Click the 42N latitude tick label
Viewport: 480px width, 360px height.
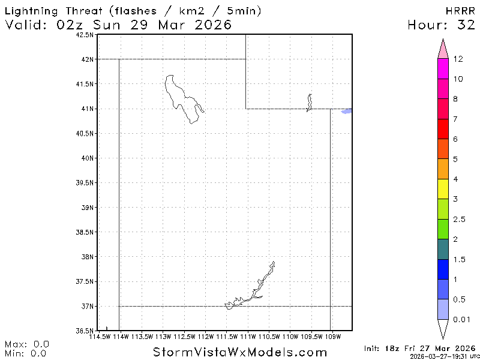pyautogui.click(x=87, y=59)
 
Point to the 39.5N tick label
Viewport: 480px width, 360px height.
pyautogui.click(x=85, y=183)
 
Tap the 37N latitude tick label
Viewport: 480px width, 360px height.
pyautogui.click(x=87, y=307)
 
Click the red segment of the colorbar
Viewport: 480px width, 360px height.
pyautogui.click(x=443, y=129)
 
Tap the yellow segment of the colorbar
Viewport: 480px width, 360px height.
pyautogui.click(x=443, y=188)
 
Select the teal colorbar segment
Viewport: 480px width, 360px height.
pyautogui.click(x=443, y=249)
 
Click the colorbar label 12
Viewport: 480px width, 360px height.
pyautogui.click(x=458, y=59)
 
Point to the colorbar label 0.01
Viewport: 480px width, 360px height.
pyautogui.click(x=462, y=319)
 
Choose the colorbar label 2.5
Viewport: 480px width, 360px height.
pyautogui.click(x=459, y=220)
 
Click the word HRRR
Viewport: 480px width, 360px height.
pyautogui.click(x=460, y=11)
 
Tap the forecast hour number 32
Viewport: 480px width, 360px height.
pyautogui.click(x=464, y=25)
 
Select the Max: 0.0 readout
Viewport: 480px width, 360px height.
pyautogui.click(x=27, y=344)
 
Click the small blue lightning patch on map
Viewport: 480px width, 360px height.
pyautogui.click(x=346, y=111)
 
